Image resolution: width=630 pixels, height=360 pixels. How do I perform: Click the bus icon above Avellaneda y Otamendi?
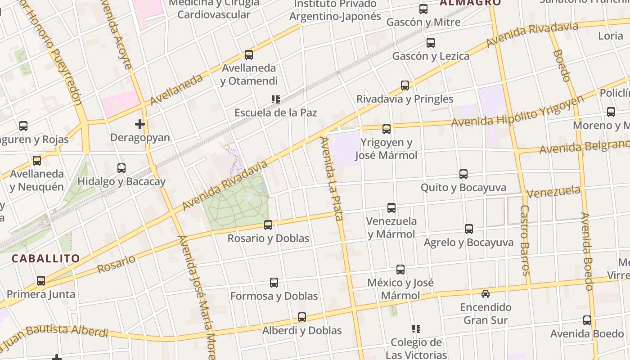coord(248,55)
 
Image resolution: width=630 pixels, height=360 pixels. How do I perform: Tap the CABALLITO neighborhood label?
coord(45,259)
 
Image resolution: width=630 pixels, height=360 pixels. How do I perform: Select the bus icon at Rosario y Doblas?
coord(268,225)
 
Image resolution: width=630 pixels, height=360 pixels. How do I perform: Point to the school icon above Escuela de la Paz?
coord(275,99)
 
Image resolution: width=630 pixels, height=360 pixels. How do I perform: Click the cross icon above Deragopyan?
coord(140,124)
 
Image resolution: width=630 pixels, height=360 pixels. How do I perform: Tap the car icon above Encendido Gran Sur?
coord(485,294)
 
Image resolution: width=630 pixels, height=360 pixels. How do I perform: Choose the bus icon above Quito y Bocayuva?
coord(463,174)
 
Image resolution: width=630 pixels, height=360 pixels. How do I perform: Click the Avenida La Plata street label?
coord(331,179)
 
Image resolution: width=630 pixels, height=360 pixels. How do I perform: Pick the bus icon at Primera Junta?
coord(41,281)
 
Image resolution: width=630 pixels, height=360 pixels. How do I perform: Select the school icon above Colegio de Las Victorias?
coord(416,329)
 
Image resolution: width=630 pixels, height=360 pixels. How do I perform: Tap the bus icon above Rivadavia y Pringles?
coord(405,85)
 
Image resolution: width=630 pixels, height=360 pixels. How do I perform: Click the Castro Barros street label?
coord(525,240)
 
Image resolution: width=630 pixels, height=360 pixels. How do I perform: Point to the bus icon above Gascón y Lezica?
coord(431,43)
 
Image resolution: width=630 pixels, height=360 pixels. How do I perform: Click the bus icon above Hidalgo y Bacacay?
coord(121,168)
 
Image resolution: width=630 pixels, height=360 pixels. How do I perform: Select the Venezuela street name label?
coord(553,192)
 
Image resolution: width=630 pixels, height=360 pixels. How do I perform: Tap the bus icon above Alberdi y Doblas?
coord(302,317)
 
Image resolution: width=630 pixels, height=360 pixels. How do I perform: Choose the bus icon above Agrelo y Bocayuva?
coord(469,229)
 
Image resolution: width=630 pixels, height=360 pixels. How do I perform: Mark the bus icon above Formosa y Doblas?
coord(274,283)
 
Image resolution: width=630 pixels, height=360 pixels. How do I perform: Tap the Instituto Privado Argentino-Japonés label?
coord(335,10)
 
